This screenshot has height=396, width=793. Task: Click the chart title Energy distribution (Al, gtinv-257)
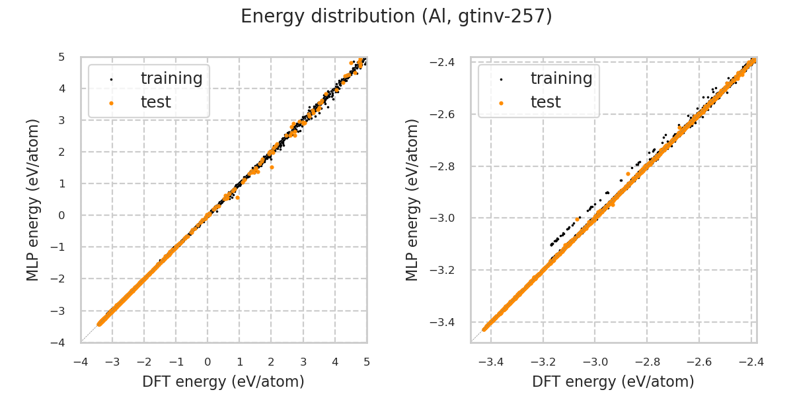click(397, 16)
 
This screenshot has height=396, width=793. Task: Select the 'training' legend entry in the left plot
click(171, 79)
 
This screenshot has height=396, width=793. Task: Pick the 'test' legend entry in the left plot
click(155, 102)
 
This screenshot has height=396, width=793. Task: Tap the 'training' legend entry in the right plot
click(561, 79)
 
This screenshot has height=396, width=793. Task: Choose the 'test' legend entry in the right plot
click(545, 102)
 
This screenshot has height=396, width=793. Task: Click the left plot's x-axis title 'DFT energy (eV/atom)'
click(223, 381)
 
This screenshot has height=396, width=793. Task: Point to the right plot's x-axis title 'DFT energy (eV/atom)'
click(613, 381)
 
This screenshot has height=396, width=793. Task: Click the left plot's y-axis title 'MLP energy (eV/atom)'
click(34, 199)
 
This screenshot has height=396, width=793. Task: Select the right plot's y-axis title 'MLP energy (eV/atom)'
click(413, 199)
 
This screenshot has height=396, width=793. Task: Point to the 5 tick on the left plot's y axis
click(61, 57)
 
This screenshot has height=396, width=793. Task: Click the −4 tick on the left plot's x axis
click(81, 362)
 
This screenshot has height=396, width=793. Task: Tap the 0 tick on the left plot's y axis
click(61, 215)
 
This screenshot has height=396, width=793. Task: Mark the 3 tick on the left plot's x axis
click(303, 362)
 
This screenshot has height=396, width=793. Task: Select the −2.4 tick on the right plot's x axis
click(751, 362)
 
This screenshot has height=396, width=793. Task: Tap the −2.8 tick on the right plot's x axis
click(647, 362)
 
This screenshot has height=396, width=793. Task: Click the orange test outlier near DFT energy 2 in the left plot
click(272, 168)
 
